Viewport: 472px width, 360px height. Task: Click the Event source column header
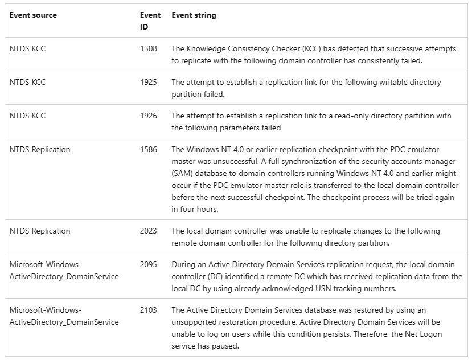click(33, 15)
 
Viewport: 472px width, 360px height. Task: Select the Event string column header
click(194, 15)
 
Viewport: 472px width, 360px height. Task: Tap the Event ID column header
click(150, 21)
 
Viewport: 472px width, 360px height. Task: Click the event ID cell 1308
click(148, 49)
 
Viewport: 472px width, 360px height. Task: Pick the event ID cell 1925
click(148, 83)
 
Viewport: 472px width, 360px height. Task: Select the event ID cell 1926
click(148, 116)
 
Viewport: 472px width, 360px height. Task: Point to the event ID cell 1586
click(148, 150)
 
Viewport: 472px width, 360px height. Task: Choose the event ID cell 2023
click(148, 231)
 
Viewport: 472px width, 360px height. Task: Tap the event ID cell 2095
click(148, 265)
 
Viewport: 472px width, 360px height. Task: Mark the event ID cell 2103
click(148, 310)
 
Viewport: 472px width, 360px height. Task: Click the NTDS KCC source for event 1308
click(27, 49)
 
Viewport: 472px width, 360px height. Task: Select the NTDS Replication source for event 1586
click(40, 150)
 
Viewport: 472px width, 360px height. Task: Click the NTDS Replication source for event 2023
click(40, 231)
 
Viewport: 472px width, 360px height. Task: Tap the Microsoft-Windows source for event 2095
click(46, 265)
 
